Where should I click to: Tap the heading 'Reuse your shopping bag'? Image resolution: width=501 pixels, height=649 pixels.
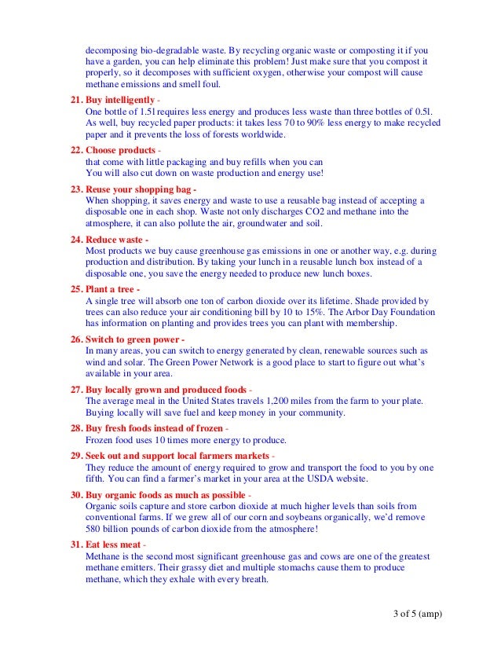coord(138,189)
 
